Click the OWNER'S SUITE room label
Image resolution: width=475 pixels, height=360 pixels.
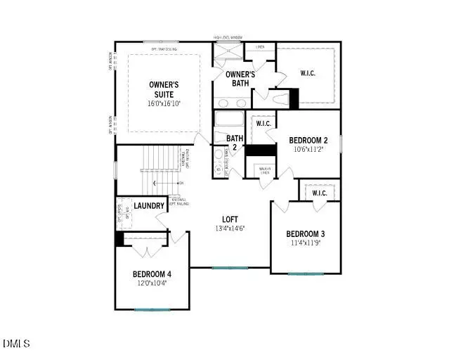coord(164,89)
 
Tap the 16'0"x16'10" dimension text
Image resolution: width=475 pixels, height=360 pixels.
coord(164,103)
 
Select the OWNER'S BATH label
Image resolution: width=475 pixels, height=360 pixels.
coord(240,79)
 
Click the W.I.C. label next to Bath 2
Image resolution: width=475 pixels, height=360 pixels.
coord(263,124)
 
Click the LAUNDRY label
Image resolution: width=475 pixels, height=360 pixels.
coord(149,206)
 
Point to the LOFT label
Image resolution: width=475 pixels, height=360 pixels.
coord(230,219)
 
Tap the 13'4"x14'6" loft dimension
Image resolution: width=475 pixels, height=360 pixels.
coord(230,229)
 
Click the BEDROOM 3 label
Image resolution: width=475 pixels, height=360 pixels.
coord(305,234)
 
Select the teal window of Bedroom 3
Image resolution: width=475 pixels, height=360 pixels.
coord(305,274)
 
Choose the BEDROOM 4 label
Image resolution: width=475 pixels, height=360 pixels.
coord(152,274)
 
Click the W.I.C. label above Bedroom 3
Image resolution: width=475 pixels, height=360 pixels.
coord(320,193)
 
